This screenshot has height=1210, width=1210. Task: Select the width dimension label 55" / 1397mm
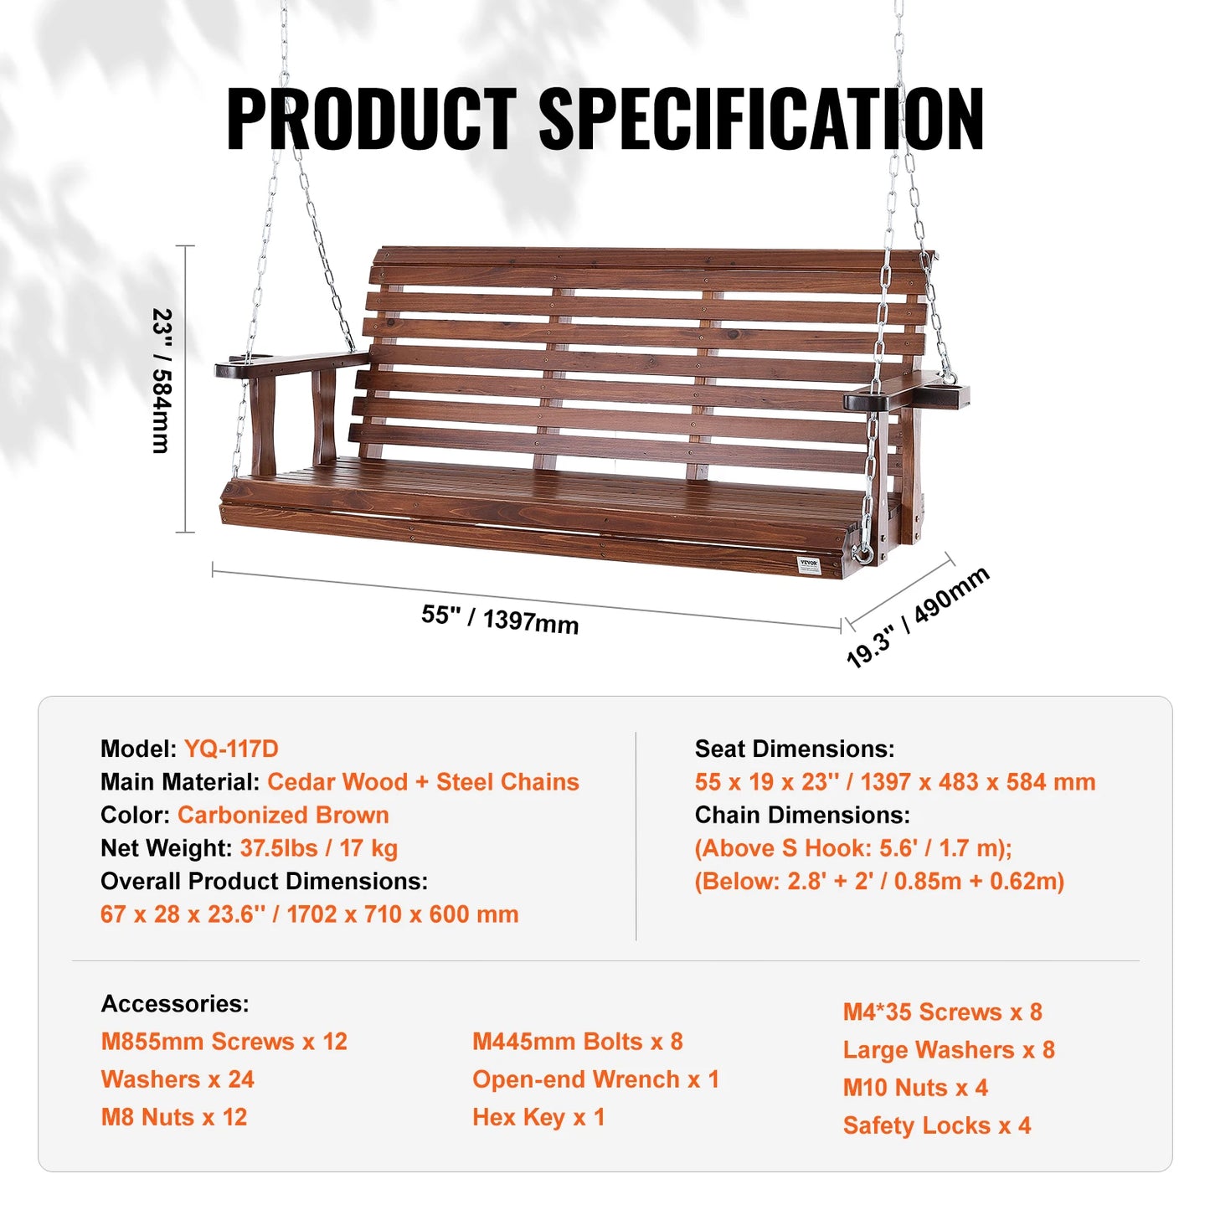pyautogui.click(x=500, y=620)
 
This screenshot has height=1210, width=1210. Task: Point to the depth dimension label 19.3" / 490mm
pyautogui.click(x=918, y=618)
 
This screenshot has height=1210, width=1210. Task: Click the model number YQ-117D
pyautogui.click(x=231, y=749)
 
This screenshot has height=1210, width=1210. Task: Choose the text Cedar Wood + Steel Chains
pyautogui.click(x=423, y=782)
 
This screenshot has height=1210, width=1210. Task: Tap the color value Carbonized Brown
pyautogui.click(x=283, y=815)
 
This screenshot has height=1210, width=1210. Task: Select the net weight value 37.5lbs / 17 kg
pyautogui.click(x=319, y=848)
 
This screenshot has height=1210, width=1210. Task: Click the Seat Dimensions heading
pyautogui.click(x=795, y=749)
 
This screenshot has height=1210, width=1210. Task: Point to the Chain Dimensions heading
pyautogui.click(x=802, y=815)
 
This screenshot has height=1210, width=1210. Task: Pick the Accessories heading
pyautogui.click(x=175, y=1003)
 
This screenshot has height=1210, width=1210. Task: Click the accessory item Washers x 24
pyautogui.click(x=178, y=1079)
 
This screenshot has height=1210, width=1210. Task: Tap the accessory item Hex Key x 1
pyautogui.click(x=538, y=1117)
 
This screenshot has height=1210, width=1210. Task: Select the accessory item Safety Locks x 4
pyautogui.click(x=937, y=1125)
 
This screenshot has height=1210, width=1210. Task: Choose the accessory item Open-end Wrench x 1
pyautogui.click(x=595, y=1079)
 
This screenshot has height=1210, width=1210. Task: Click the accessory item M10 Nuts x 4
pyautogui.click(x=915, y=1088)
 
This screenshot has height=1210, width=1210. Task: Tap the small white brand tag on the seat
pyautogui.click(x=809, y=565)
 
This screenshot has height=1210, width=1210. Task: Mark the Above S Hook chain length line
pyautogui.click(x=853, y=848)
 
